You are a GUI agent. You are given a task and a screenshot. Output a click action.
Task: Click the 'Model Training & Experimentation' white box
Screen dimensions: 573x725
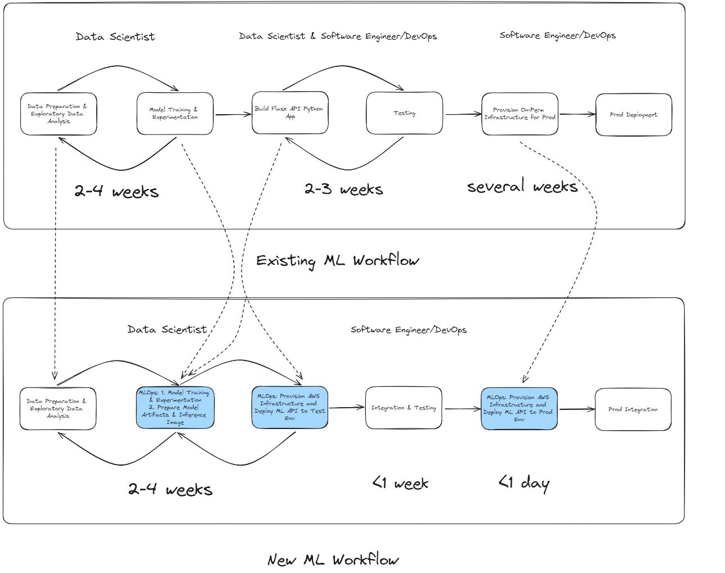pyautogui.click(x=175, y=114)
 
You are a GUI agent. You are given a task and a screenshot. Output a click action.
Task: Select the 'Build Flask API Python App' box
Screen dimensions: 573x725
pyautogui.click(x=290, y=112)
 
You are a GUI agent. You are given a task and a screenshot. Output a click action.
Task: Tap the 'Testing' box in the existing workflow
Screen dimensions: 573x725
pyautogui.click(x=404, y=114)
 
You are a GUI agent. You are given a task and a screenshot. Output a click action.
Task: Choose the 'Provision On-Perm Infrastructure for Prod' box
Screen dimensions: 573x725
pyautogui.click(x=520, y=114)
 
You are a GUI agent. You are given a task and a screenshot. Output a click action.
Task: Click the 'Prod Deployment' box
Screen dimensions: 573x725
pyautogui.click(x=633, y=115)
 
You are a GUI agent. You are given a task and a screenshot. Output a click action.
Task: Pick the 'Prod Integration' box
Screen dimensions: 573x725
pyautogui.click(x=633, y=409)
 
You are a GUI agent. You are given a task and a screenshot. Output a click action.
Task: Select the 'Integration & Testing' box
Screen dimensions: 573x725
pyautogui.click(x=403, y=408)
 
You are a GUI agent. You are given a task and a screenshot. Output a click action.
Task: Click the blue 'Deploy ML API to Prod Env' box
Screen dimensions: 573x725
pyautogui.click(x=519, y=409)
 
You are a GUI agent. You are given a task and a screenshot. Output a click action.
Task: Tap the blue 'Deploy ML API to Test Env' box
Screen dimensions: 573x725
pyautogui.click(x=289, y=408)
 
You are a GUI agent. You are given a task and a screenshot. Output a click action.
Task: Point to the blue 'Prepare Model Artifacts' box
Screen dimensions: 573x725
pyautogui.click(x=175, y=408)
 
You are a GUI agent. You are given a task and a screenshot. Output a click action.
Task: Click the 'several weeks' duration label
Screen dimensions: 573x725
pyautogui.click(x=522, y=186)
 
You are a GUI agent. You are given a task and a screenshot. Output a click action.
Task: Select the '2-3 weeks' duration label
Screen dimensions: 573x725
pyautogui.click(x=343, y=189)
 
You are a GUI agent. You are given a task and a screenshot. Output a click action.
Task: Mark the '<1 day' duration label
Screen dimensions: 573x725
pyautogui.click(x=523, y=482)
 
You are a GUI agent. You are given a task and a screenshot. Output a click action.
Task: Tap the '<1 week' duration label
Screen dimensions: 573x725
pyautogui.click(x=400, y=483)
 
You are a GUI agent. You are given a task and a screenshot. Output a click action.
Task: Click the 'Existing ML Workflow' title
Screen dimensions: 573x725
pyautogui.click(x=338, y=261)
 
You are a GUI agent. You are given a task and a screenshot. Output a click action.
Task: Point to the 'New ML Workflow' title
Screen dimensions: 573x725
pyautogui.click(x=333, y=560)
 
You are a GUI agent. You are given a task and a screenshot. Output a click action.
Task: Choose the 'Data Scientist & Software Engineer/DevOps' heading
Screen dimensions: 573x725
pyautogui.click(x=338, y=37)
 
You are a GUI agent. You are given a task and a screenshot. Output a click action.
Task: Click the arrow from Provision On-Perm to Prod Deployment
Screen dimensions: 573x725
pyautogui.click(x=577, y=114)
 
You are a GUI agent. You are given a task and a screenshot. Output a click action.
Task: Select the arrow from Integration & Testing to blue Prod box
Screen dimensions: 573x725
pyautogui.click(x=462, y=409)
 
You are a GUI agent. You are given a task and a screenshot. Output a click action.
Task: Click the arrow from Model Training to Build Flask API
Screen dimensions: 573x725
pyautogui.click(x=233, y=115)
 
